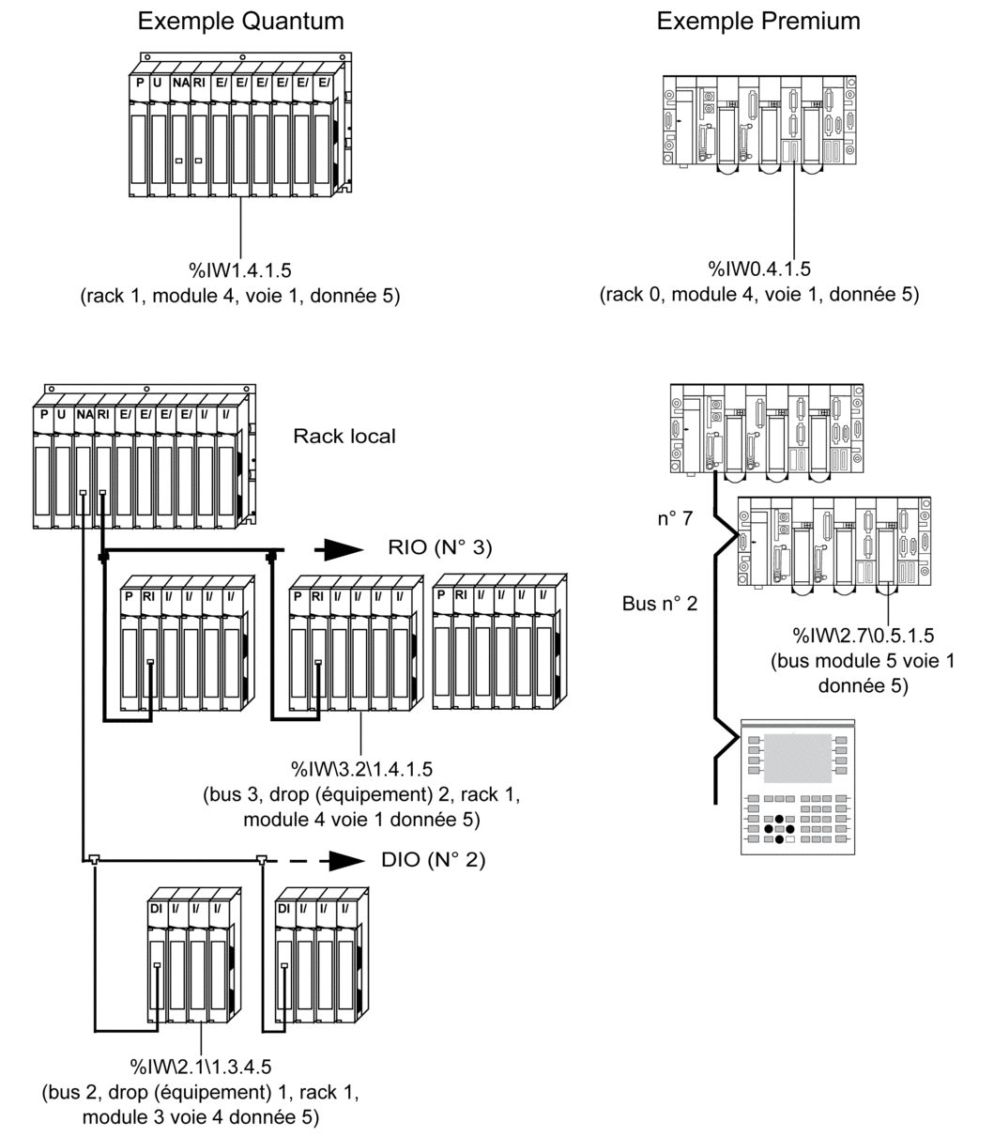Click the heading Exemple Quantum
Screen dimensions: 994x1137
pyautogui.click(x=240, y=21)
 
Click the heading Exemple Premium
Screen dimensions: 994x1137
pyautogui.click(x=758, y=21)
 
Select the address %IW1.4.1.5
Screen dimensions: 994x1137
pyautogui.click(x=240, y=270)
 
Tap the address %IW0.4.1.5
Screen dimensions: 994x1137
pyautogui.click(x=759, y=269)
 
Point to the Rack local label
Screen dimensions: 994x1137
pyautogui.click(x=344, y=437)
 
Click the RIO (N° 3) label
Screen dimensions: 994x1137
pyautogui.click(x=440, y=547)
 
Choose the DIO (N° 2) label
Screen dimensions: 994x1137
pyautogui.click(x=434, y=860)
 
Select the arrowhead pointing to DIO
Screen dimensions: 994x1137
pyautogui.click(x=345, y=861)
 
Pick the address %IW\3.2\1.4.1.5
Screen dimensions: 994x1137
pyautogui.click(x=361, y=769)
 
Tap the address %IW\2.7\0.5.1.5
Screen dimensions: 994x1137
pyautogui.click(x=863, y=636)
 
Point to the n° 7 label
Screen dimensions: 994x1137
pyautogui.click(x=675, y=518)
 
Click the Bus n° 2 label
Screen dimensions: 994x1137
pyautogui.click(x=660, y=604)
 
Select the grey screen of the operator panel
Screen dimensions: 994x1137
pyautogui.click(x=797, y=758)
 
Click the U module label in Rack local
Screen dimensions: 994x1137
pyautogui.click(x=61, y=415)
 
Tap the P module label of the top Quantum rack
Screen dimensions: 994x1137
pyautogui.click(x=140, y=83)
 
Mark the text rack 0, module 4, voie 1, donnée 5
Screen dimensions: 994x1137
pyautogui.click(x=759, y=295)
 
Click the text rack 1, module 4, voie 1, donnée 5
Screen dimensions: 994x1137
pyautogui.click(x=240, y=296)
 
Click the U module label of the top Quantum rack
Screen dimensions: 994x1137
pyautogui.click(x=158, y=83)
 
